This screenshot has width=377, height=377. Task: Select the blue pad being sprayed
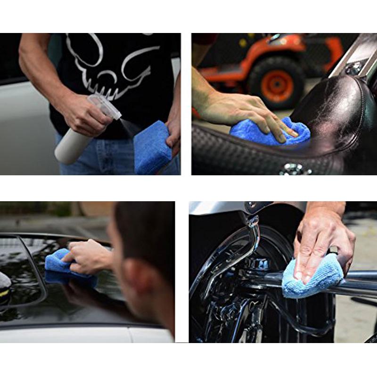coord(152,148)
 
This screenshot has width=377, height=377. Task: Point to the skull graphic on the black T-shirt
coord(113,61)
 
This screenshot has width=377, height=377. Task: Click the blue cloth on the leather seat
coord(269,132)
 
